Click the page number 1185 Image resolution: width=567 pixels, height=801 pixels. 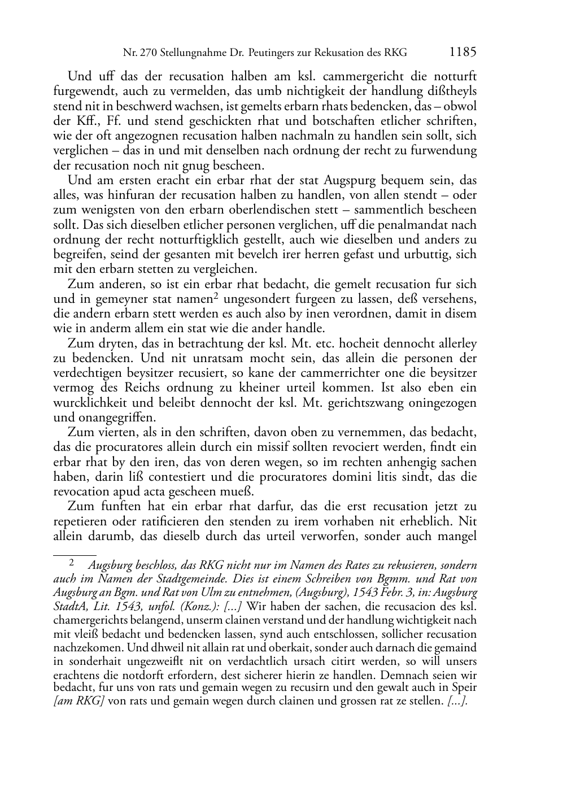tap(463, 53)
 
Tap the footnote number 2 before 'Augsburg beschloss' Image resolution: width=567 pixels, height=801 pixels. tap(72, 563)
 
